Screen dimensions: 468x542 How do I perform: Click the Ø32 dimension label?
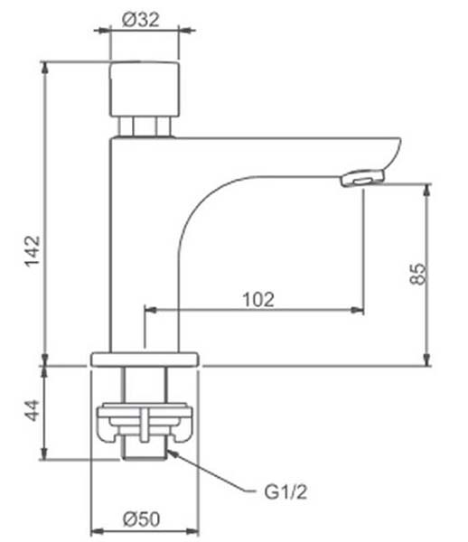click(141, 19)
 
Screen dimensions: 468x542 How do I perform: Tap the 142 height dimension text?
click(33, 251)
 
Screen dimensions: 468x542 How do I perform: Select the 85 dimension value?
click(418, 274)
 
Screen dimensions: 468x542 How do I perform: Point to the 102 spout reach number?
click(258, 299)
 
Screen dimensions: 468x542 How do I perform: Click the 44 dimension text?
click(33, 410)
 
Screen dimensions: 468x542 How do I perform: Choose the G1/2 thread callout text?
click(285, 492)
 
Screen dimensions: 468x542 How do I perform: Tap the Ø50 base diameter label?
click(141, 519)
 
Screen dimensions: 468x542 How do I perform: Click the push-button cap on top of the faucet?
click(145, 89)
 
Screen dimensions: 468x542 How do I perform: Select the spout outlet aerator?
click(362, 177)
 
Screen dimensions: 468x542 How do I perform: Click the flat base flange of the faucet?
click(145, 360)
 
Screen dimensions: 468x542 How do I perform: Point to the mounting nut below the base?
click(145, 423)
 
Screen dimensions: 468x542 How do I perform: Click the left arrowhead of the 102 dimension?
click(150, 310)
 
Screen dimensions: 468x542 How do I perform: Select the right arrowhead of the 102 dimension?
click(358, 310)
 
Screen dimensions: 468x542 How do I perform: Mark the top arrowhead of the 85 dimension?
click(427, 190)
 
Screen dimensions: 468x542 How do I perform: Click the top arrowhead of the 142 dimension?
click(45, 68)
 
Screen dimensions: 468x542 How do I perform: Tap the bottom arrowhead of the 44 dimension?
click(44, 453)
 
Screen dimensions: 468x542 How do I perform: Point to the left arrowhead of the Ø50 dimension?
click(98, 531)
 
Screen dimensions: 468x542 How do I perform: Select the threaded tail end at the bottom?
click(145, 451)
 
